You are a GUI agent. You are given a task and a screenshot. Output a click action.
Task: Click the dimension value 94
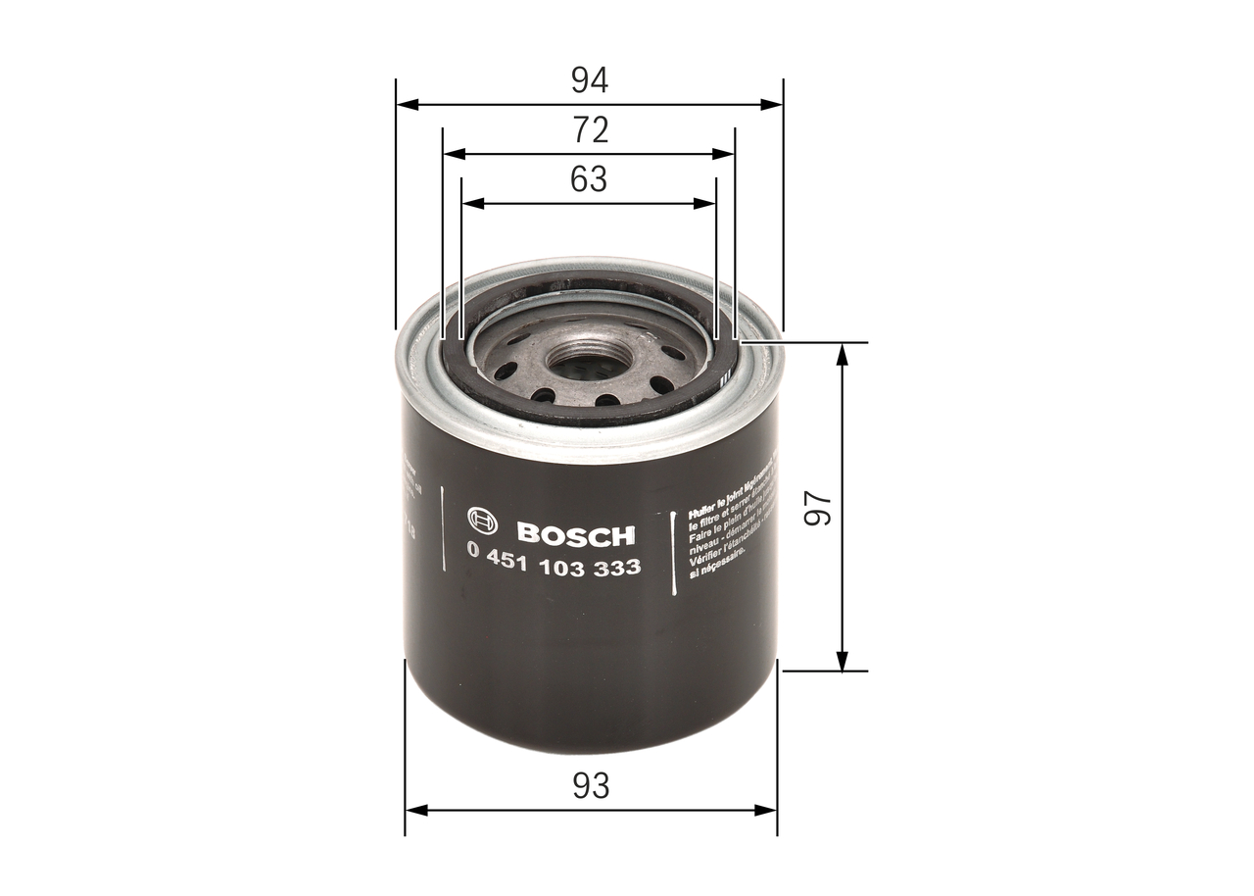[590, 80]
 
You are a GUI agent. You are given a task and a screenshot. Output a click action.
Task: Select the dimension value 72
[590, 129]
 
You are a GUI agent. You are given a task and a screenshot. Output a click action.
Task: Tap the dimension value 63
[589, 179]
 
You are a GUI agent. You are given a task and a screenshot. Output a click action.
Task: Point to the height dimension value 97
[818, 508]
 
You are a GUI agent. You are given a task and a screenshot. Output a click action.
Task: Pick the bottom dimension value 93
[591, 785]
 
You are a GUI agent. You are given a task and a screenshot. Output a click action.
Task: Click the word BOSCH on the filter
[575, 534]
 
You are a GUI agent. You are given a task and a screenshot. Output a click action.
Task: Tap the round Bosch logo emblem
[483, 523]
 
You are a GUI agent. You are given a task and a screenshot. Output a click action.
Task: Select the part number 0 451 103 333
[555, 566]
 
